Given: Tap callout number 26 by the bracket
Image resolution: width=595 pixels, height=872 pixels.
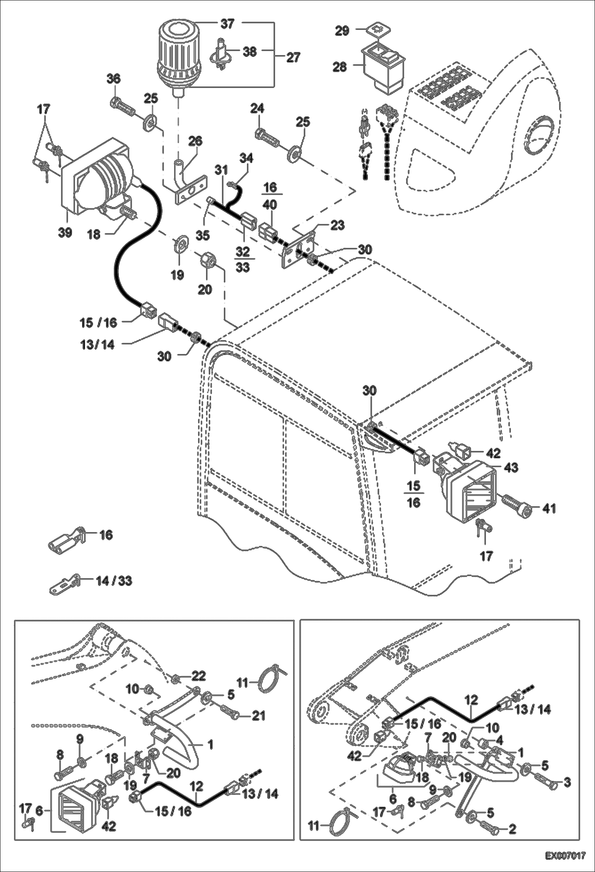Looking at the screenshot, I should click(x=195, y=141).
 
